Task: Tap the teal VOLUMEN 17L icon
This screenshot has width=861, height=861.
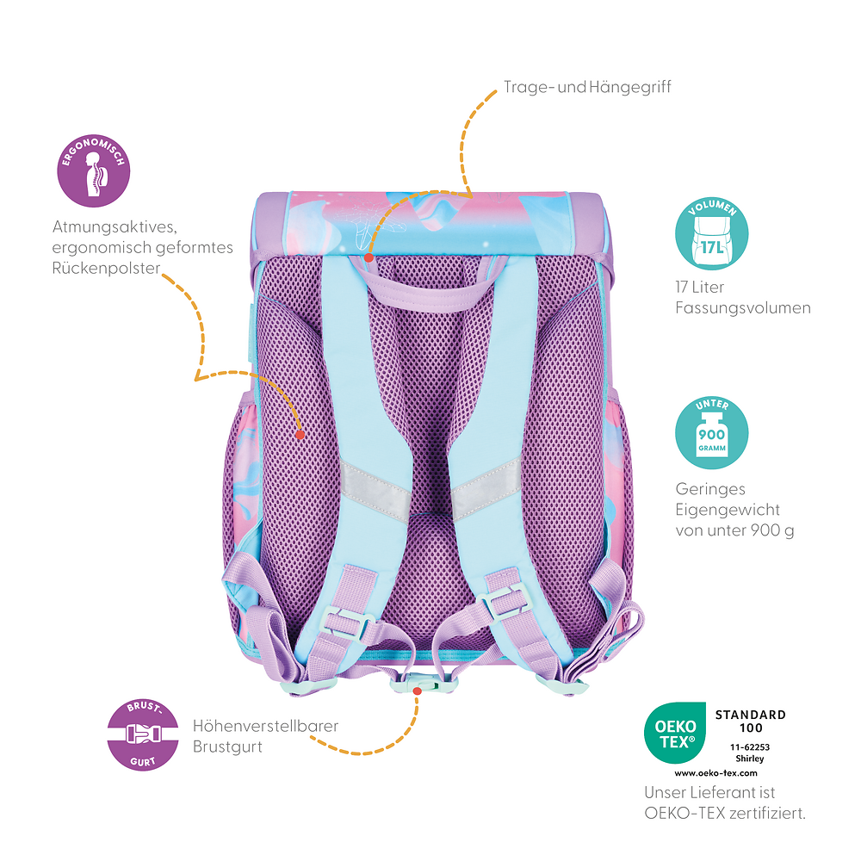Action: [712, 234]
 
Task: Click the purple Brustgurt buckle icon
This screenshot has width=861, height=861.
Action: [143, 734]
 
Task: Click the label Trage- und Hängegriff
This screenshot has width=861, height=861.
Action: [587, 87]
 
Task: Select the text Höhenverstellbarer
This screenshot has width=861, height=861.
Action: [265, 726]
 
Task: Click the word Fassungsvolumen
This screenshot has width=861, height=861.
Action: [743, 307]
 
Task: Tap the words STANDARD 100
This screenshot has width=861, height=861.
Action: [751, 721]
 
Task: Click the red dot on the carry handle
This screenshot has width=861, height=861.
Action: [369, 257]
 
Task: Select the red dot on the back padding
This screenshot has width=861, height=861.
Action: [300, 435]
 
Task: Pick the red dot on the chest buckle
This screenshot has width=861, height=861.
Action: [418, 690]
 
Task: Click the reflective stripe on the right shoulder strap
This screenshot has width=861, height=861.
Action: [485, 486]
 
